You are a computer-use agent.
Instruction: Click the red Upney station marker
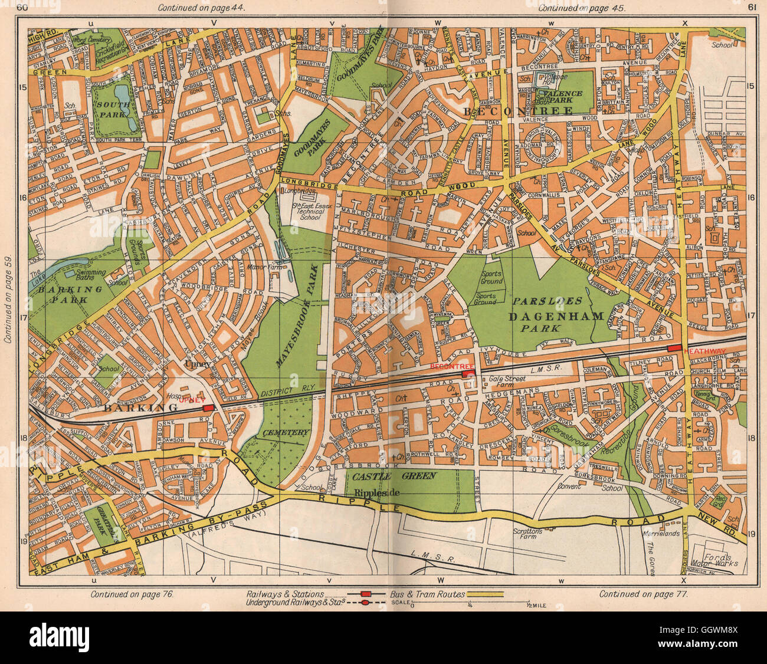(x=208, y=407)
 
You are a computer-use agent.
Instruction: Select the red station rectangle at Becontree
(x=468, y=373)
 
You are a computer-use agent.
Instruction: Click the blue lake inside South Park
(x=123, y=94)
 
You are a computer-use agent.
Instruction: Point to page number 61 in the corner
(x=751, y=8)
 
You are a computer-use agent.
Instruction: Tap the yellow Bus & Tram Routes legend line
(x=485, y=594)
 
